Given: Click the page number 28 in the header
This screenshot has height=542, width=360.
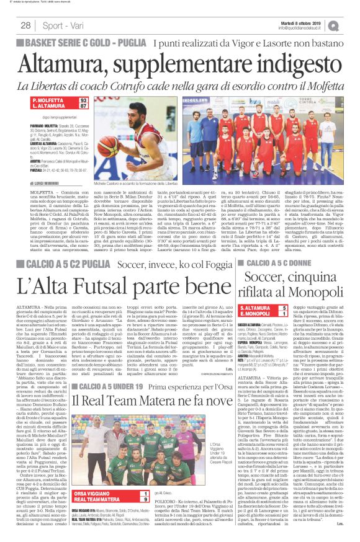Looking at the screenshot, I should [25, 25].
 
